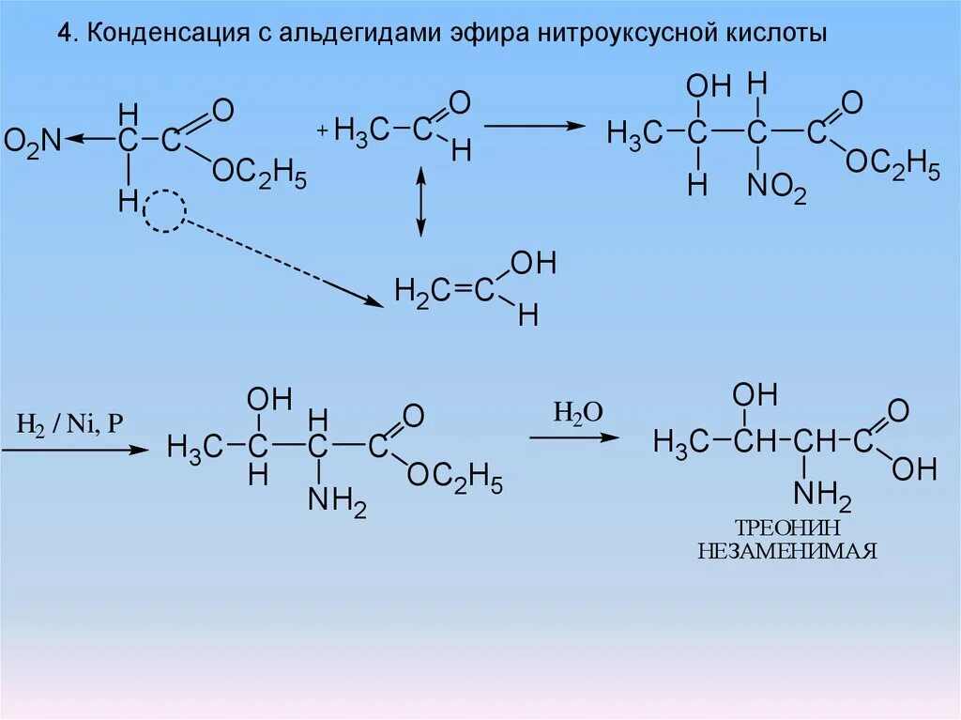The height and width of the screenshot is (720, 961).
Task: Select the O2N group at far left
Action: click(31, 141)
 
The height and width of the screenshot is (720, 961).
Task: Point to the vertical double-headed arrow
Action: click(420, 201)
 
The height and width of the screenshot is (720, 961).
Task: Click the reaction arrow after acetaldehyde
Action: click(534, 124)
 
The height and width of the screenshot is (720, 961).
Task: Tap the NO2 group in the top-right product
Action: click(775, 191)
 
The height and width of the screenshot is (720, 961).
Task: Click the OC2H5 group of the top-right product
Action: click(892, 163)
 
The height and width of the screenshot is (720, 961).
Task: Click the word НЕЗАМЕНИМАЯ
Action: click(786, 551)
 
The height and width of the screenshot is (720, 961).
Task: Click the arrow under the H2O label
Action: click(573, 437)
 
